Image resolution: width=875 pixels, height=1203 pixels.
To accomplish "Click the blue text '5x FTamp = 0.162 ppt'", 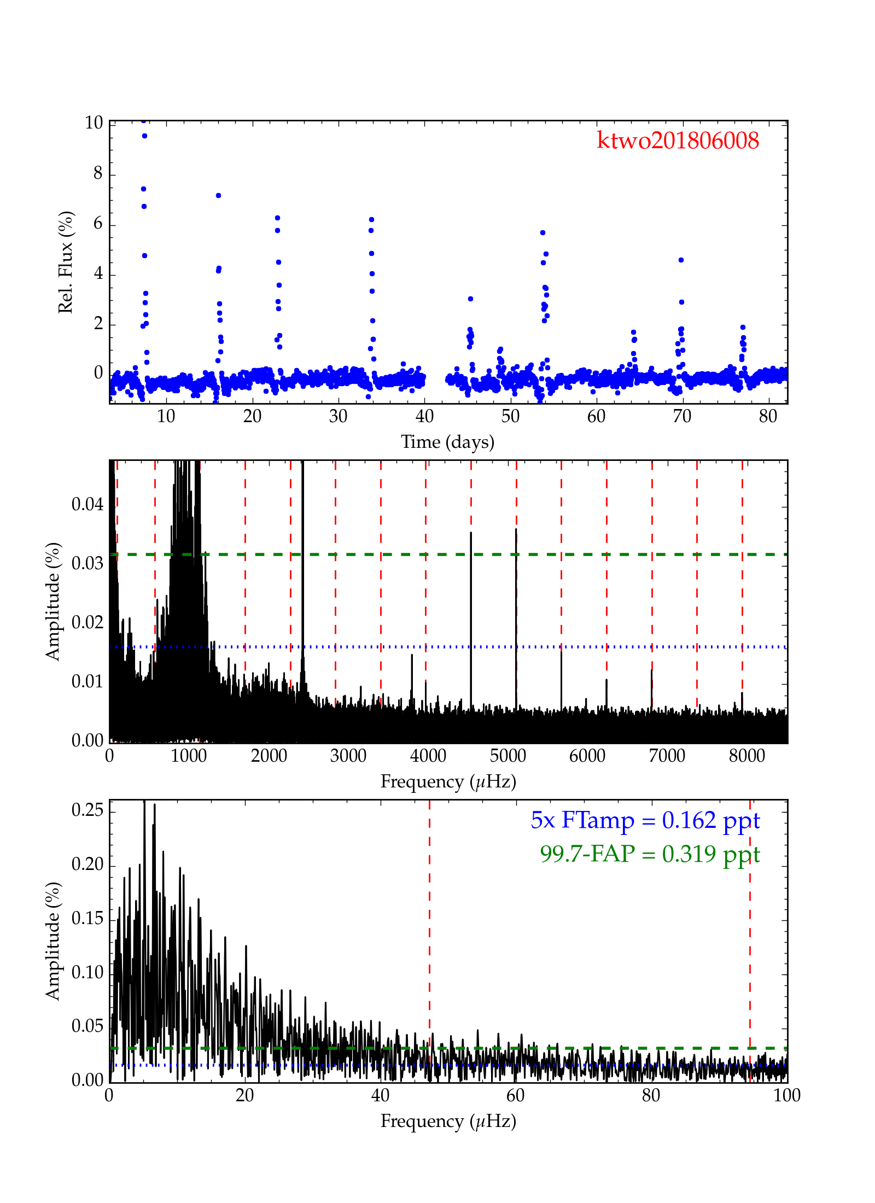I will pos(645,820).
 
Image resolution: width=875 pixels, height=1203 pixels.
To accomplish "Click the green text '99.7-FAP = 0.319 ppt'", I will pos(650,854).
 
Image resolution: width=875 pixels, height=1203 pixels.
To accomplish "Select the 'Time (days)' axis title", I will pos(447,441).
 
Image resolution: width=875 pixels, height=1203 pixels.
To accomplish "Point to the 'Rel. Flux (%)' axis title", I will pos(66,262).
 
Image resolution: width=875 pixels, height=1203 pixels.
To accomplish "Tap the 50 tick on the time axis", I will pos(510,417).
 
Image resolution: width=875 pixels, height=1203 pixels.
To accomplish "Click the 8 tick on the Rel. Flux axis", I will pos(98,174).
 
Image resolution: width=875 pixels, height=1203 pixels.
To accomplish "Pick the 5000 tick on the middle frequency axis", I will pos(507,756).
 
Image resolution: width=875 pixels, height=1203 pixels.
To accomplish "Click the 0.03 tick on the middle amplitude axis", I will pos(87,563).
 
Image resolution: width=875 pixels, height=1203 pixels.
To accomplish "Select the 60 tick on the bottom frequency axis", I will pos(515,1095).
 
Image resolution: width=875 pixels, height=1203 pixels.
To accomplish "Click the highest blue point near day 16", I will pos(218,195).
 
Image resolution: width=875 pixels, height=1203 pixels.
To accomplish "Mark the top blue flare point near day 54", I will pos(542,232).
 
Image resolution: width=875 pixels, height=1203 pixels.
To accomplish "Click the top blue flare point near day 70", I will pos(681,260).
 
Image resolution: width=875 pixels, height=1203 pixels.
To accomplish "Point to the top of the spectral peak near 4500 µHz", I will pos(471,532).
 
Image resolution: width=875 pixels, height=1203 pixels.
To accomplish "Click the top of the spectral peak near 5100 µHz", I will pos(516,529).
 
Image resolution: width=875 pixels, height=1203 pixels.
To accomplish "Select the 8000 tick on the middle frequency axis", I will pos(746,756).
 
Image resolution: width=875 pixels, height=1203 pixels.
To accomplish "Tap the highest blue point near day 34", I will pos(371,219).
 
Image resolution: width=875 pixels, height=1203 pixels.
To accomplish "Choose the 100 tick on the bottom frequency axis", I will pos(787,1095).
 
